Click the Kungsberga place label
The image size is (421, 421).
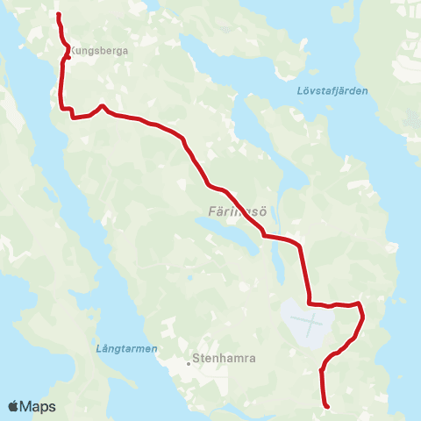coord(100,51)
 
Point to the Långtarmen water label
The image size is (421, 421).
coord(125,348)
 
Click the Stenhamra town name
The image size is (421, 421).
coord(223,358)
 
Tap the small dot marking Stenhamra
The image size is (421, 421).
coord(188,359)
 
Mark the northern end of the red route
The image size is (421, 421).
coord(58,15)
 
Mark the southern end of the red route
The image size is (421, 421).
coord(326,406)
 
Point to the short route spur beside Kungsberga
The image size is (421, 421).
coord(68,59)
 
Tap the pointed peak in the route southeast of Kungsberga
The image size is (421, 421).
coord(103,106)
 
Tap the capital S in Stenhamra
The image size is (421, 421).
coord(196,358)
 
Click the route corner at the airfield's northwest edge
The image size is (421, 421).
coord(310,304)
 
